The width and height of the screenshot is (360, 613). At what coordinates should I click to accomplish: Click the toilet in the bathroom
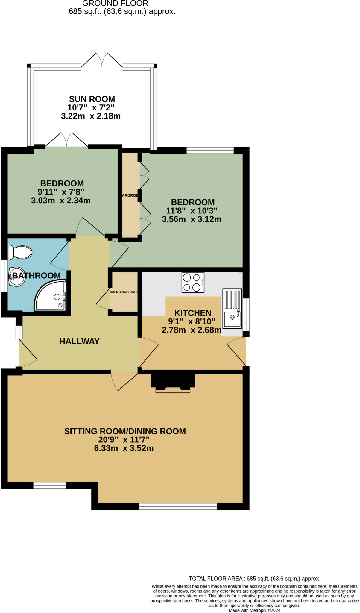[x=20, y=252]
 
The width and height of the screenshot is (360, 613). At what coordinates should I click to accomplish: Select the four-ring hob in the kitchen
[x=193, y=282]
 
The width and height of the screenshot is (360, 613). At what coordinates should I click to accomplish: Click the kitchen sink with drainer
[x=232, y=308]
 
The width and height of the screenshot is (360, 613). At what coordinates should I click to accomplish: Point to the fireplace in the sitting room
[x=173, y=383]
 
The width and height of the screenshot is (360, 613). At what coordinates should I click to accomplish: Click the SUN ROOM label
[x=92, y=99]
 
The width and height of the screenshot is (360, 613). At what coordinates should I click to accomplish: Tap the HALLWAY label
[x=79, y=341]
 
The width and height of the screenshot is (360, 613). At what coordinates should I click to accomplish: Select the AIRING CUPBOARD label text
[x=124, y=292]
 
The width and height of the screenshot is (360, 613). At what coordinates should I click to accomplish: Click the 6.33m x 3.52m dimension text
[x=124, y=448]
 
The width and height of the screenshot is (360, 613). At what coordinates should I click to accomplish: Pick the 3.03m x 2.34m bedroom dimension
[x=61, y=201]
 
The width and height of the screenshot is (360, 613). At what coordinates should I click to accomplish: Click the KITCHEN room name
[x=193, y=313]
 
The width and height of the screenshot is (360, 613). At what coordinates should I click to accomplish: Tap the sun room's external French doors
[x=102, y=60]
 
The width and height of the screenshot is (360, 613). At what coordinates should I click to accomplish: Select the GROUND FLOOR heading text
[x=115, y=4]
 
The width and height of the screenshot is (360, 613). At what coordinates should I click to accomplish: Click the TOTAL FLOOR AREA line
[x=254, y=579]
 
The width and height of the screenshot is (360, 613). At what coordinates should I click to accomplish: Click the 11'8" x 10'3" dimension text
[x=192, y=211]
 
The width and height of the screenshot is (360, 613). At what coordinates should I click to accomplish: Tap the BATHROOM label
[x=37, y=275]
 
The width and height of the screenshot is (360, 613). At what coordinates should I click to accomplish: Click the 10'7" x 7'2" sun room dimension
[x=91, y=107]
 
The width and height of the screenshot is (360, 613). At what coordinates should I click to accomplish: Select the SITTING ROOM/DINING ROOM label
[x=125, y=431]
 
